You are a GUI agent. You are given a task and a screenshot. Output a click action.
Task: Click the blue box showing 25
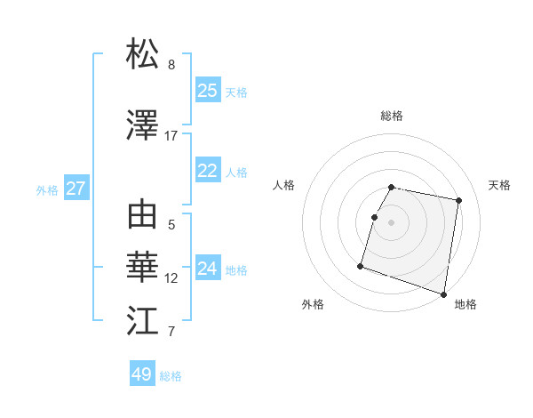click(208, 90)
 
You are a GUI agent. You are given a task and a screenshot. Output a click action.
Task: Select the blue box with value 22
click(208, 171)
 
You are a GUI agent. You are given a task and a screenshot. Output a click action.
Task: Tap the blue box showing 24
click(208, 269)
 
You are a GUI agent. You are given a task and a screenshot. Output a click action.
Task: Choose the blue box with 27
click(76, 188)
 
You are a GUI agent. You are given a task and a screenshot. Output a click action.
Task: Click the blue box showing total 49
click(142, 374)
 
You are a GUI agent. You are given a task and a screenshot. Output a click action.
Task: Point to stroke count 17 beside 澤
click(171, 136)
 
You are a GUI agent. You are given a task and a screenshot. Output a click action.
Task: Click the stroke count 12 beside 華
click(171, 278)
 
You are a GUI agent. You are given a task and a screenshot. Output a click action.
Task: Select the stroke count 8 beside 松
click(171, 65)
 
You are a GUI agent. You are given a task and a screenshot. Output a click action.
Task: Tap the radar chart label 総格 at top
click(392, 116)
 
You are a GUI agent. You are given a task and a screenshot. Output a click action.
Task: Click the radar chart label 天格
click(499, 185)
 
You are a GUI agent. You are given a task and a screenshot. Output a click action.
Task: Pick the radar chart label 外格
click(313, 304)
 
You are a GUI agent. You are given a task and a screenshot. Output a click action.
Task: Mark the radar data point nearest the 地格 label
click(443, 293)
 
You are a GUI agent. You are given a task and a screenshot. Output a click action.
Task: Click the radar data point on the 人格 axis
click(375, 217)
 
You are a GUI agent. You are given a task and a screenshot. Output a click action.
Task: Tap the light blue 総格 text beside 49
click(171, 375)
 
